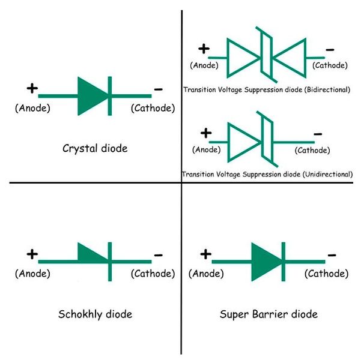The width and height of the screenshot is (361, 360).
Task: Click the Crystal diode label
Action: (x=95, y=148)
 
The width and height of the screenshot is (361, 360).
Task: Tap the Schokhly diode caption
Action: (x=95, y=314)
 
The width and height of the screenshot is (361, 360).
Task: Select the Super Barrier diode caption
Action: (x=268, y=314)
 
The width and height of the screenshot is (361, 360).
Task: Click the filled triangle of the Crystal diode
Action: (x=91, y=95)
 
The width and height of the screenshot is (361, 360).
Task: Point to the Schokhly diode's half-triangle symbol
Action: (x=92, y=254)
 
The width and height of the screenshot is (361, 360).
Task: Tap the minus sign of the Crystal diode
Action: (x=158, y=89)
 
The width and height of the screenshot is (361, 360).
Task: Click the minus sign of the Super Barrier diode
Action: (x=332, y=254)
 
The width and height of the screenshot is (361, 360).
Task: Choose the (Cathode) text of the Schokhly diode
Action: (x=153, y=274)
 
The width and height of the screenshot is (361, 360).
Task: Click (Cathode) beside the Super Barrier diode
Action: (x=326, y=274)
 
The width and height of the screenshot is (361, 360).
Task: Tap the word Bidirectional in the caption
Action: (x=324, y=89)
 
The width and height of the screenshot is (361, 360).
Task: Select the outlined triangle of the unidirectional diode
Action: (x=242, y=142)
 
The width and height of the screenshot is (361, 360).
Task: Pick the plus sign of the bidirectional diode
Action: (x=204, y=49)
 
